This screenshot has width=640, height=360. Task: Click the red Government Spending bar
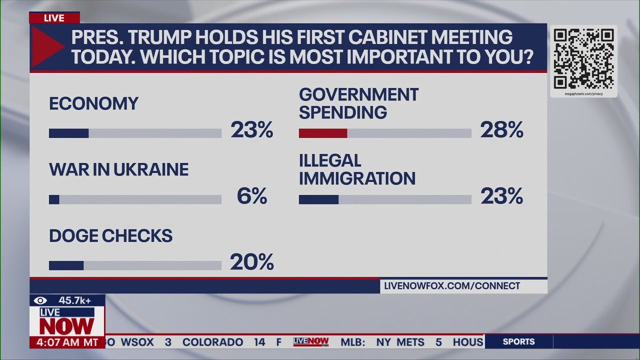click(323, 133)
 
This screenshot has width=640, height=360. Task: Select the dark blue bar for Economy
click(68, 133)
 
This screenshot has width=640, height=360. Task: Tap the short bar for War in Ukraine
click(54, 199)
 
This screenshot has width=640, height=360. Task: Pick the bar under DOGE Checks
click(66, 265)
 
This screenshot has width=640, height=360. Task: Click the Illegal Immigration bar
click(318, 199)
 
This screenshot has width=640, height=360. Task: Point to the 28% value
click(501, 130)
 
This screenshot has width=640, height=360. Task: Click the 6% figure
click(251, 196)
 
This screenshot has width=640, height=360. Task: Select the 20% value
click(251, 262)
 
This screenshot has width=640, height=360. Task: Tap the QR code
click(583, 59)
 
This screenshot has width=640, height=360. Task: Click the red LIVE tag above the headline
click(54, 18)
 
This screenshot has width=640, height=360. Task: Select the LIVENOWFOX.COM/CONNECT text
click(452, 286)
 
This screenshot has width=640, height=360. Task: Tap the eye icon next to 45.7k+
click(40, 300)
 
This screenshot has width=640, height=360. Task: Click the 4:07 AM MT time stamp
click(67, 342)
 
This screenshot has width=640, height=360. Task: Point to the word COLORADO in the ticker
click(212, 342)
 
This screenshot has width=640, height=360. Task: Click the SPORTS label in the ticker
click(518, 342)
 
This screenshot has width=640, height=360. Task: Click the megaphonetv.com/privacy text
click(583, 93)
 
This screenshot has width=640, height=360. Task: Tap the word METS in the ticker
click(410, 342)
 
